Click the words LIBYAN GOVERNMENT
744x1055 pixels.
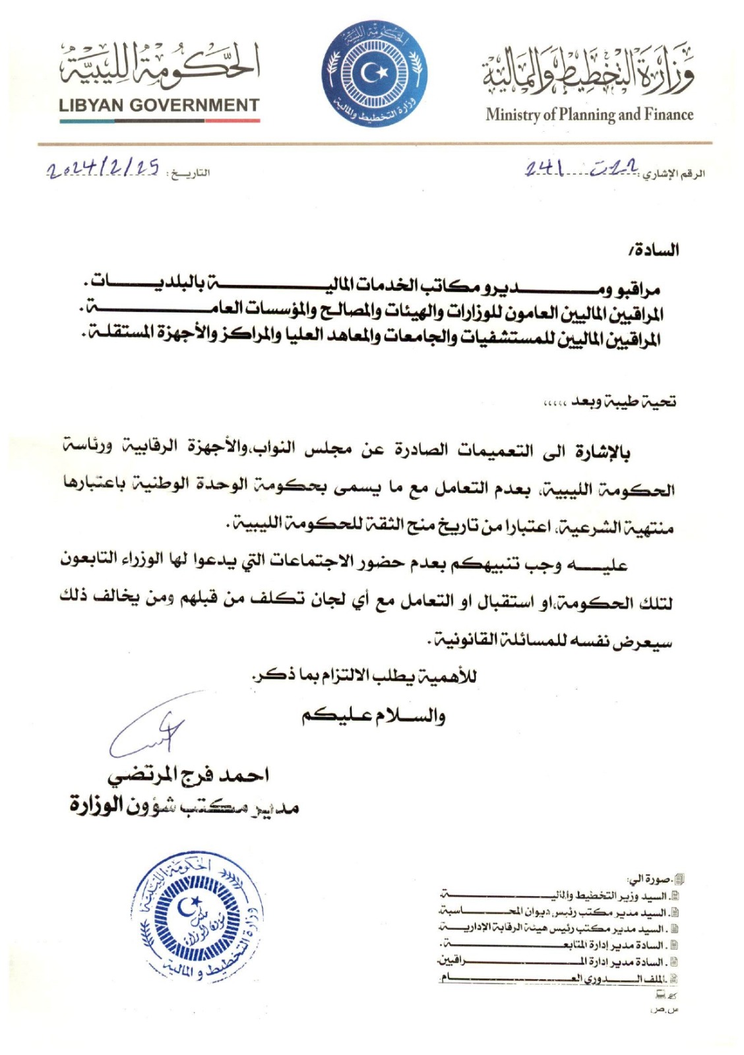click(x=159, y=105)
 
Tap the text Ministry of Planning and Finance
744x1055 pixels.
click(x=590, y=115)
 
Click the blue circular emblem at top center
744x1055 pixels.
click(x=374, y=75)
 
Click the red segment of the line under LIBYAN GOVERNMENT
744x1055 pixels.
click(x=232, y=121)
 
